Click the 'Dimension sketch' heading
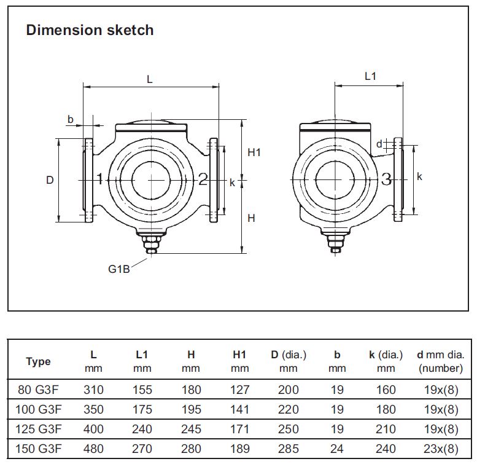(90, 30)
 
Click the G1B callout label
(118, 269)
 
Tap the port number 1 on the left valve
(99, 179)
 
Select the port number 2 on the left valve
(203, 179)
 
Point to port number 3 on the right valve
(386, 179)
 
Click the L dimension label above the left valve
(149, 79)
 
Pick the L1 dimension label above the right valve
(370, 76)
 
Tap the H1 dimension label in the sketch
(254, 152)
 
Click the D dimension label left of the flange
(50, 180)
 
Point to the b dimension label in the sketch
(71, 119)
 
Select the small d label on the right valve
(379, 144)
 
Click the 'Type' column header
(38, 361)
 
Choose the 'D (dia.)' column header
(288, 355)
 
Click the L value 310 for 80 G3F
(93, 390)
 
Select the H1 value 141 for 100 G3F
(239, 409)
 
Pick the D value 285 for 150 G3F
(288, 449)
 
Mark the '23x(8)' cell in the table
(440, 449)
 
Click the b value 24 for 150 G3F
(336, 449)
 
